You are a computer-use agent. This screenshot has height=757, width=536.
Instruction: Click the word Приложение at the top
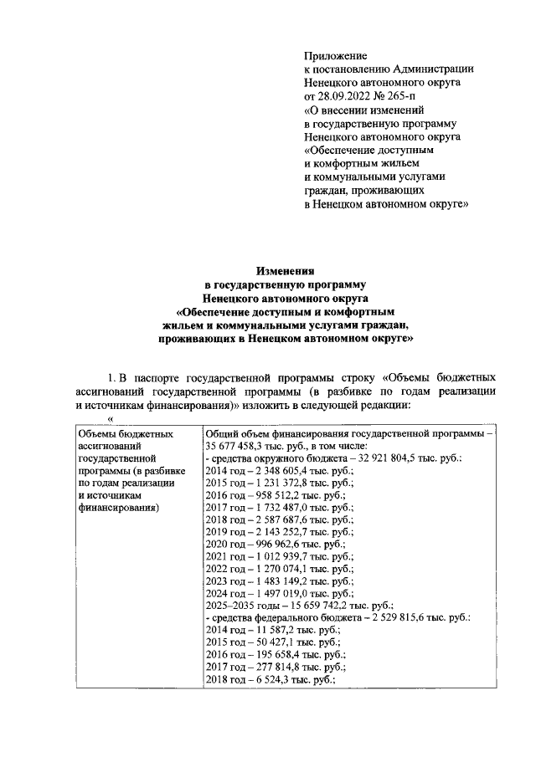pos(334,56)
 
